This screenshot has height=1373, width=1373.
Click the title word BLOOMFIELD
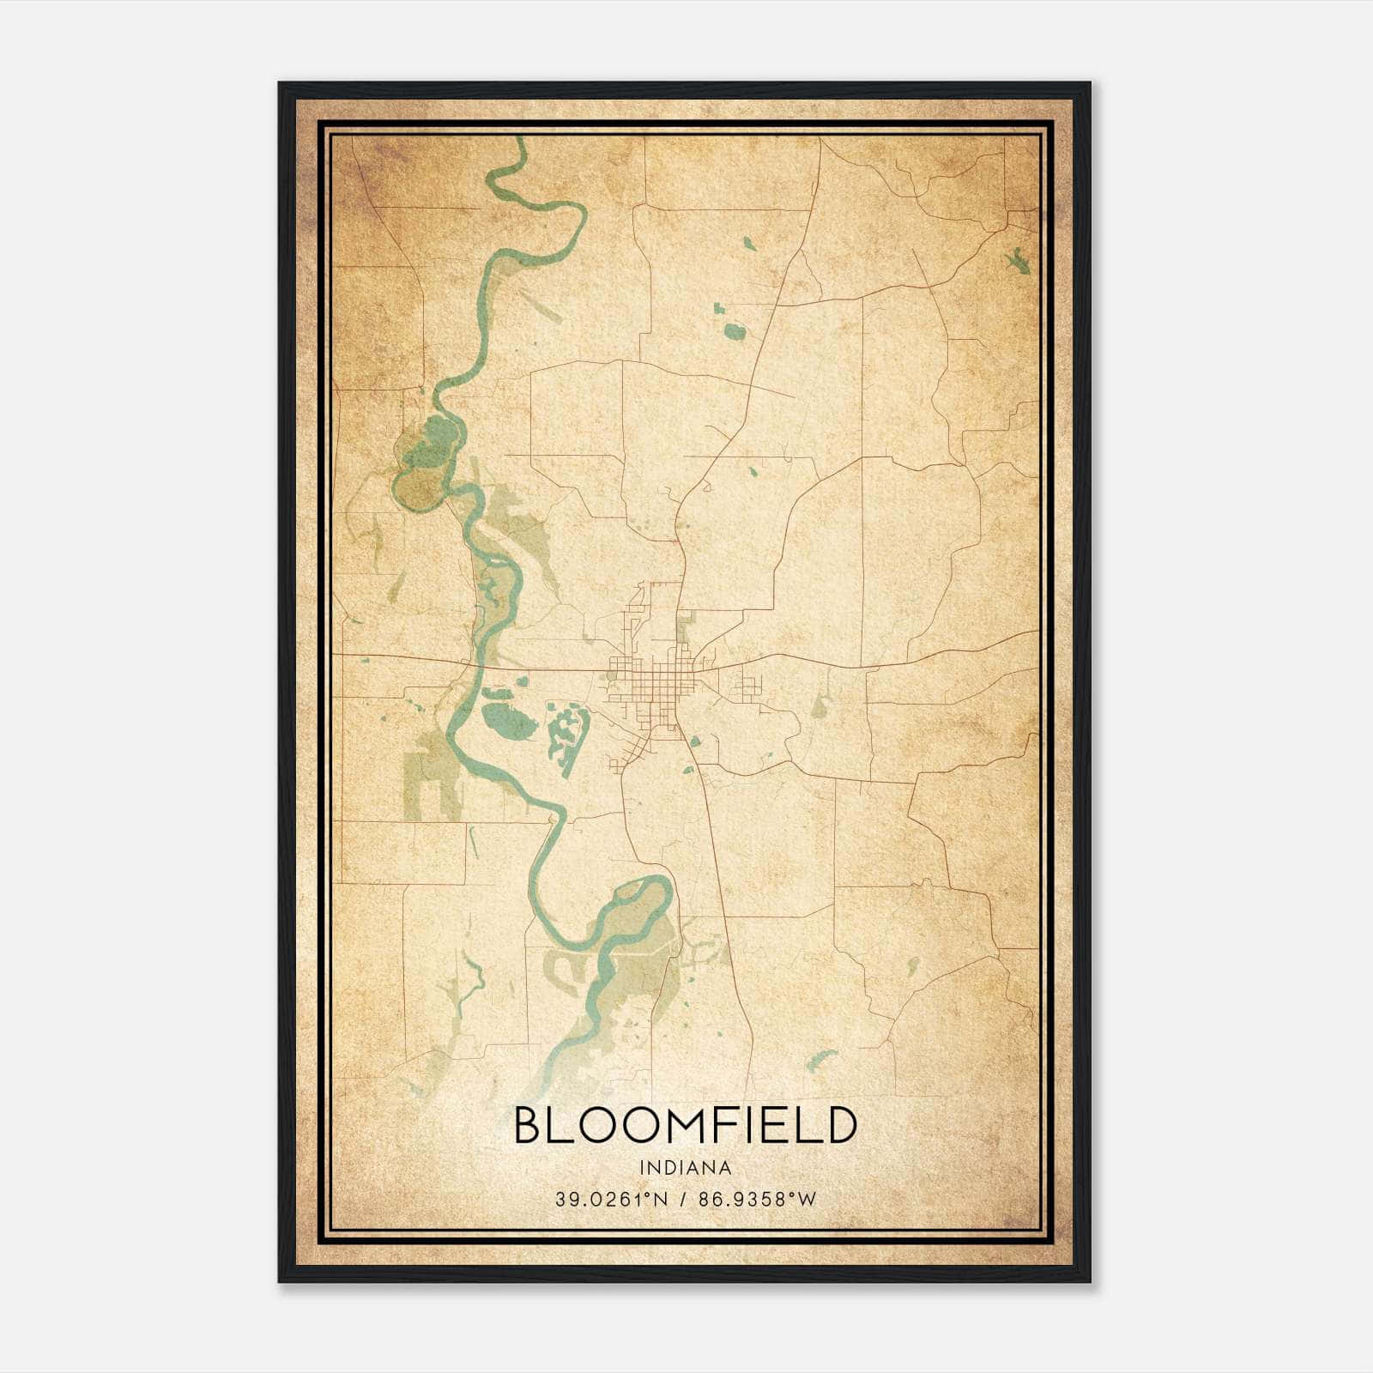click(685, 1125)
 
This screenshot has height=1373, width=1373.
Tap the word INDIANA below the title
click(685, 1168)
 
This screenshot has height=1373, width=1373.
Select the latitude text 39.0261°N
click(610, 1200)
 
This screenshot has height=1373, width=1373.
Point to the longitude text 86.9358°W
click(758, 1200)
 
